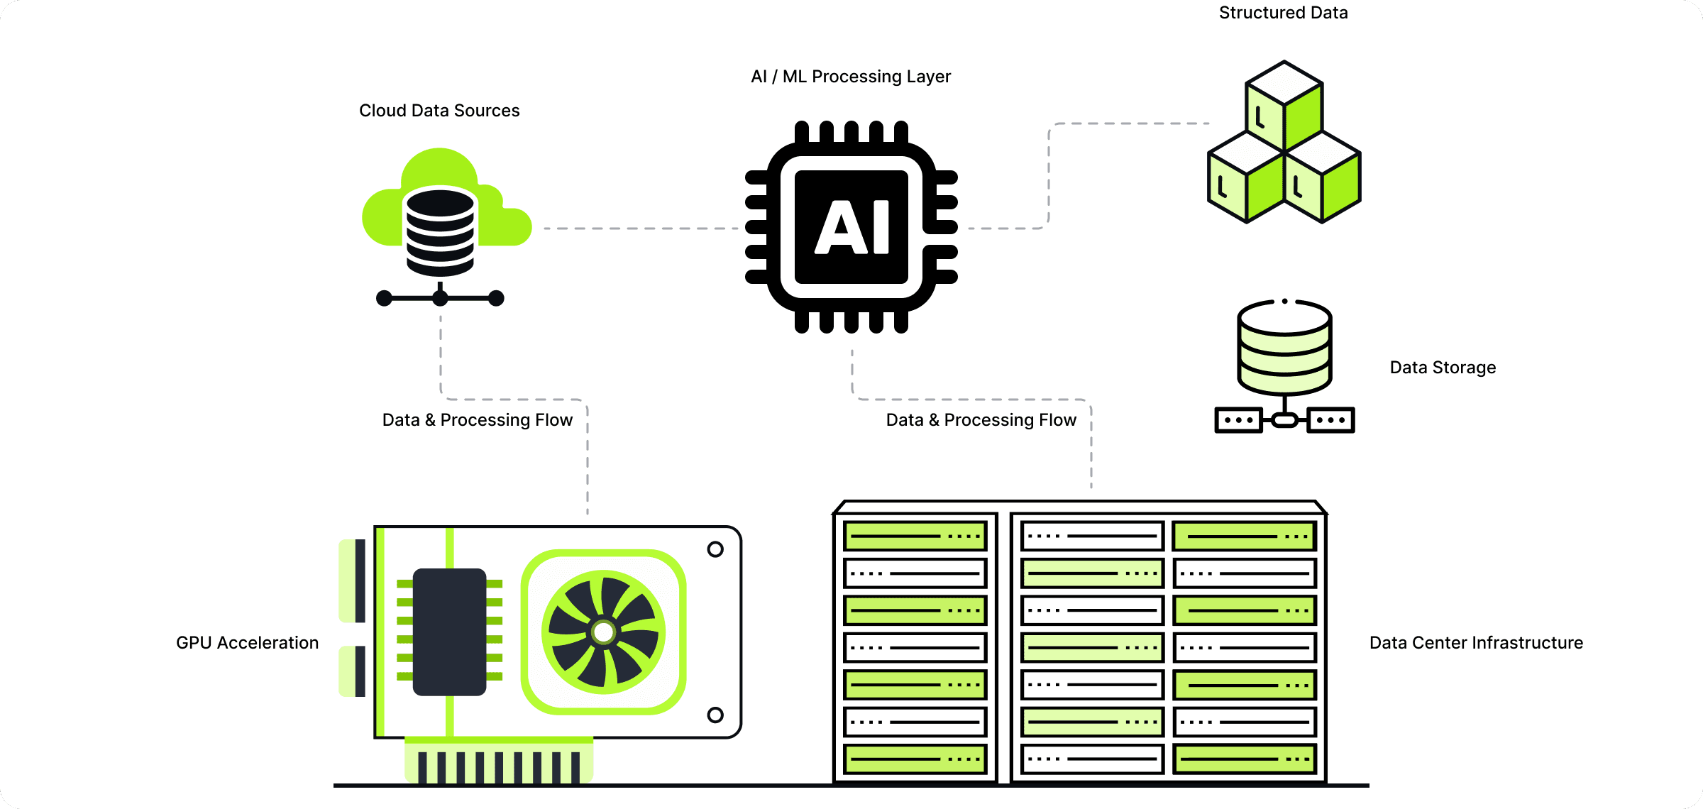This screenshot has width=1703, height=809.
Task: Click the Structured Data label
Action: click(x=1283, y=13)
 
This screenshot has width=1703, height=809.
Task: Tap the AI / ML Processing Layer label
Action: click(x=850, y=77)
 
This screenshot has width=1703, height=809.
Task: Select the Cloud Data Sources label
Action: click(x=439, y=111)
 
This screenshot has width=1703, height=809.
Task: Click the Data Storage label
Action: click(x=1442, y=368)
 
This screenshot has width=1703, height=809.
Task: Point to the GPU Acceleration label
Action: click(x=247, y=643)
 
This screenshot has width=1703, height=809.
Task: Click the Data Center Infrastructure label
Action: click(x=1476, y=643)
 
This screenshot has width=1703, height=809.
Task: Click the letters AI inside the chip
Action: click(x=851, y=227)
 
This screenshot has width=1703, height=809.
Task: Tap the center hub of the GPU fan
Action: click(x=604, y=632)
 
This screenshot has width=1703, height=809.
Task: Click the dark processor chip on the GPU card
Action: click(x=449, y=632)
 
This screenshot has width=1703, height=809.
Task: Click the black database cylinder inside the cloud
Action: click(x=440, y=231)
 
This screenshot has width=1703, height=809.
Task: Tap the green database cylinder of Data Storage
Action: click(x=1284, y=348)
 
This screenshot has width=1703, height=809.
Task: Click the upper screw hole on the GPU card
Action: click(x=715, y=549)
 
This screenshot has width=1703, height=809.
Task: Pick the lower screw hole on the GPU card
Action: click(x=715, y=715)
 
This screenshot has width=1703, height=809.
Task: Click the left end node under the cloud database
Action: click(x=384, y=298)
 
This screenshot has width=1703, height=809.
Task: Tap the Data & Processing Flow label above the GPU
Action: click(x=477, y=420)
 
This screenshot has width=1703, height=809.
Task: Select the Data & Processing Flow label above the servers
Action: click(x=981, y=420)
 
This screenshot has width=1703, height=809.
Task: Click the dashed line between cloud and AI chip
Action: click(x=639, y=229)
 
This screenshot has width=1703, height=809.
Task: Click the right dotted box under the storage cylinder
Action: click(x=1331, y=420)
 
